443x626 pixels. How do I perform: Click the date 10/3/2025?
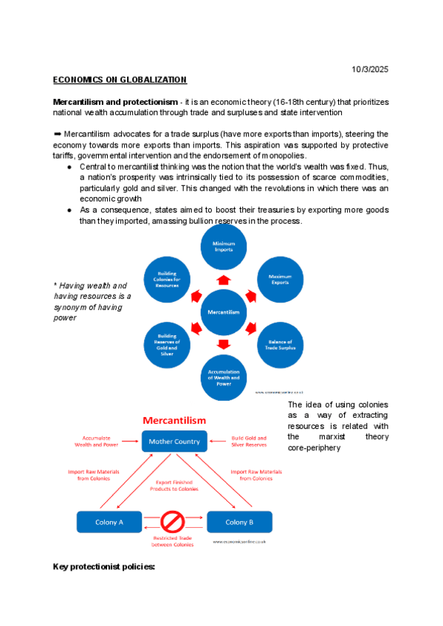pos(371,69)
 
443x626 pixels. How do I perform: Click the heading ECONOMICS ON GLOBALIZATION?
pos(120,80)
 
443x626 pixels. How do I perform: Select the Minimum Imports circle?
pos(224,247)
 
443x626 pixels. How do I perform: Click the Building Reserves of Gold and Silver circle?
pos(167,345)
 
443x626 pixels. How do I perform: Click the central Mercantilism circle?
pos(223,312)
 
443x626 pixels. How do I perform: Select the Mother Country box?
pos(174,441)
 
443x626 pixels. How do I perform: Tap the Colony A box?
pos(109,522)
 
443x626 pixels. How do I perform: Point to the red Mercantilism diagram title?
pos(174,420)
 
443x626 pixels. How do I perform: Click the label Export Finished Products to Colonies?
pos(174,486)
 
